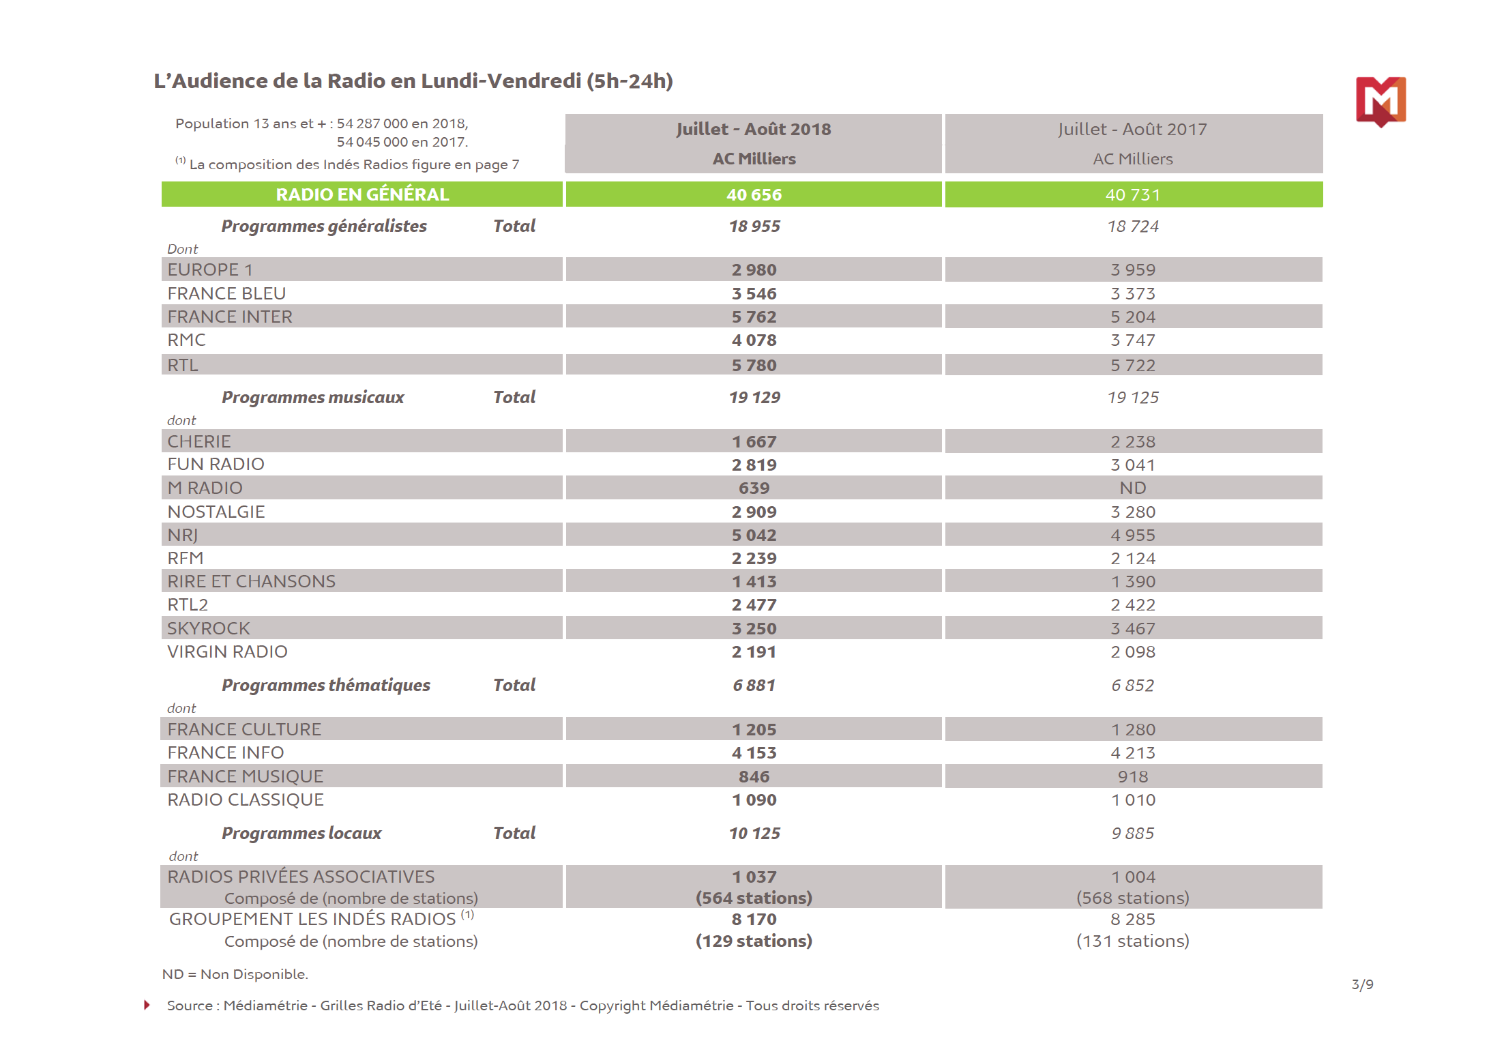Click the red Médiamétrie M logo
pos(1381,101)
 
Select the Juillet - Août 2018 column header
pos(753,129)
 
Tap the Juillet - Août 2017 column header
pos(1132,129)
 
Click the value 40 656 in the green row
pos(754,194)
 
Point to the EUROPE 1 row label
pos(210,269)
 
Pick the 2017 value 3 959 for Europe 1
pos(1132,269)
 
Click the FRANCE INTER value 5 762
pos(754,317)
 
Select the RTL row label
pos(183,365)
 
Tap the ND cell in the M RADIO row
pos(1132,488)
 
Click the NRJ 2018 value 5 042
pos(754,535)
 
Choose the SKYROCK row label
pos(209,628)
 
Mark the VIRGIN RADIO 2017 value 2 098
pos(1132,651)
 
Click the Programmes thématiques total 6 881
pos(754,685)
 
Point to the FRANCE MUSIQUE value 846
pos(754,776)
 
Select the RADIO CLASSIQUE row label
pos(246,800)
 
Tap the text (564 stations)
pos(754,898)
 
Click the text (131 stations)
pos(1132,941)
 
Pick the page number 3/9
pos(1362,984)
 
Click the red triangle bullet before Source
pos(147,1005)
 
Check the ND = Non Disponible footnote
pos(235,974)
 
